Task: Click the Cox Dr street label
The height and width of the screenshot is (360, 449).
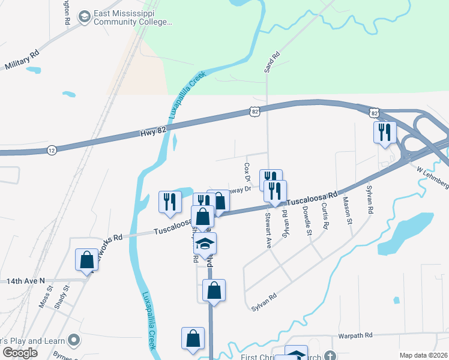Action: (247, 170)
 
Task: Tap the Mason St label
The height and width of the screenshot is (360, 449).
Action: (347, 211)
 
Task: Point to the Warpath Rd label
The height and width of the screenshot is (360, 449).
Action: (355, 335)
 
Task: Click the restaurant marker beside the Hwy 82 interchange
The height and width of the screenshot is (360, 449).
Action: (384, 133)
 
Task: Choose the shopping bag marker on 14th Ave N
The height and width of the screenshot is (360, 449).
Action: (86, 260)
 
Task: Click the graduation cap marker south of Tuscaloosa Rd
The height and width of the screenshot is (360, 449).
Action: (205, 244)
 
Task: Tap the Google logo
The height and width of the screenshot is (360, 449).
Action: (19, 352)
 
